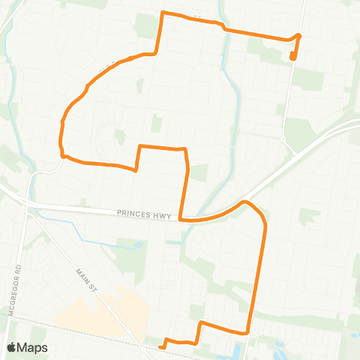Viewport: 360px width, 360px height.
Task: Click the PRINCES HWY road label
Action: (144, 213)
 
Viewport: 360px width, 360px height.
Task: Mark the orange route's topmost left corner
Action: (163, 13)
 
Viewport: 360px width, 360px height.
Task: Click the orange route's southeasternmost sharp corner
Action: (247, 331)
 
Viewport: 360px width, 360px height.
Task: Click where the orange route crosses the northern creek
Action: (224, 28)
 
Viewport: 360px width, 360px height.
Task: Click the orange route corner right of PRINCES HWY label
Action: (181, 219)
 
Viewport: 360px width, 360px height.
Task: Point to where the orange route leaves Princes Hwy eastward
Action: (244, 202)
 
